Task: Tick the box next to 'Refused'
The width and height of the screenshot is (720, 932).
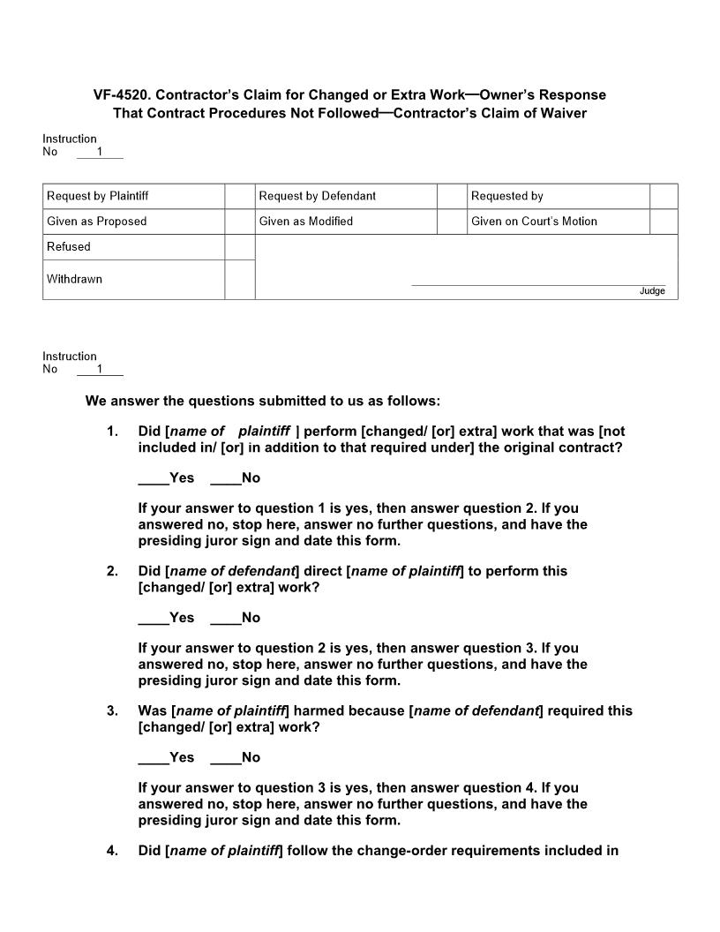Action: (x=239, y=247)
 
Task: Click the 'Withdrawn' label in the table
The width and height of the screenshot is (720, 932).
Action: (x=75, y=279)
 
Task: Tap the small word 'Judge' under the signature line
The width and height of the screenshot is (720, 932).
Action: (x=652, y=291)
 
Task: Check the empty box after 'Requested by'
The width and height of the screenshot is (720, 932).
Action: (x=664, y=196)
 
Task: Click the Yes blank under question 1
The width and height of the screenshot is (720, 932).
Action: (x=154, y=478)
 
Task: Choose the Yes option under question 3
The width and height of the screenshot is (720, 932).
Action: (x=154, y=757)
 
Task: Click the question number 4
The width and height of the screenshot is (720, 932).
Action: (x=112, y=851)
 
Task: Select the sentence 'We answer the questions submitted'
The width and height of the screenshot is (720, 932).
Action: (x=262, y=401)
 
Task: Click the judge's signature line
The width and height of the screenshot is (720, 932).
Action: (x=538, y=284)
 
